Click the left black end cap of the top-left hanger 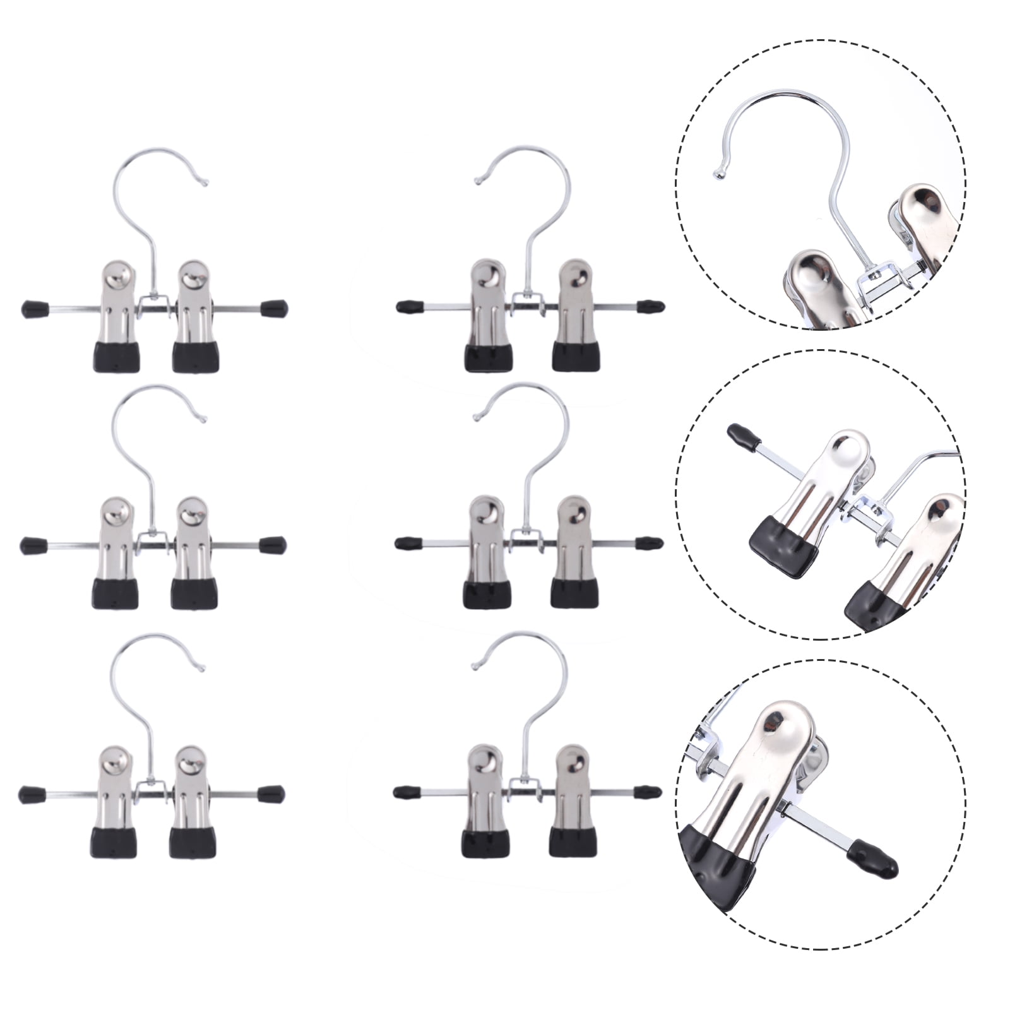pyautogui.click(x=32, y=309)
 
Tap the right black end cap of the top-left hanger pyautogui.click(x=276, y=309)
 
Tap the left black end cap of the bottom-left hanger pyautogui.click(x=29, y=792)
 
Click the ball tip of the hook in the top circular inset pyautogui.click(x=716, y=173)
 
